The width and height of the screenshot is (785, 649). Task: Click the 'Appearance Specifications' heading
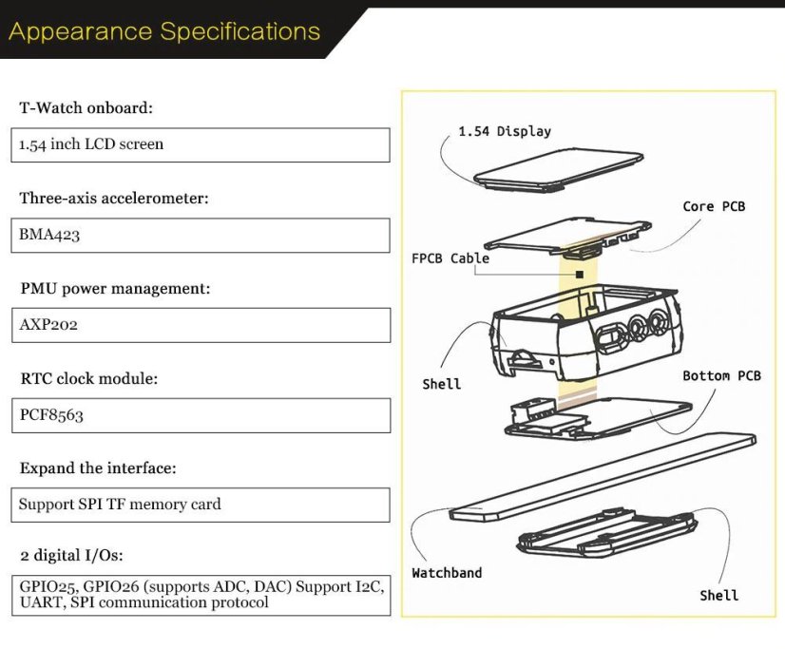click(x=163, y=31)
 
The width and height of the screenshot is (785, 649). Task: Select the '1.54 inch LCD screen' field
click(x=203, y=144)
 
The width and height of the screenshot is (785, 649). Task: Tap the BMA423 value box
click(x=203, y=235)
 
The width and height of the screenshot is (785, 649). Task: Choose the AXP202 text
click(x=49, y=324)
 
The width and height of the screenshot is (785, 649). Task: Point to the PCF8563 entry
click(x=52, y=414)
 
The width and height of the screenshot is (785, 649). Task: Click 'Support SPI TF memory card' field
click(x=203, y=505)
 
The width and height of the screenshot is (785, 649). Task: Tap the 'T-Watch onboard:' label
click(x=86, y=107)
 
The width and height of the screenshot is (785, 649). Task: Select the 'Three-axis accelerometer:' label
click(x=114, y=198)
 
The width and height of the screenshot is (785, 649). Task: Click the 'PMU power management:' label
click(x=115, y=287)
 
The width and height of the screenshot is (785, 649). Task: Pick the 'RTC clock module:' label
click(x=88, y=378)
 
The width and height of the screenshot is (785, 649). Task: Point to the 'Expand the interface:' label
click(x=98, y=468)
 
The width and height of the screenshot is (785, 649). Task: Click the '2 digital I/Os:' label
click(x=71, y=554)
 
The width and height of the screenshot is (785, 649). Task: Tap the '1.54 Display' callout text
click(x=504, y=131)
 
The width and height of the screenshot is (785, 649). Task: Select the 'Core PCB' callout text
click(x=714, y=206)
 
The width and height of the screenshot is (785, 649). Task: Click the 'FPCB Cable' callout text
click(x=450, y=258)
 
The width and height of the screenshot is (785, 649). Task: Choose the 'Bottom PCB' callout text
click(x=721, y=375)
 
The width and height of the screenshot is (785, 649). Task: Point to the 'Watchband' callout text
click(x=447, y=573)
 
